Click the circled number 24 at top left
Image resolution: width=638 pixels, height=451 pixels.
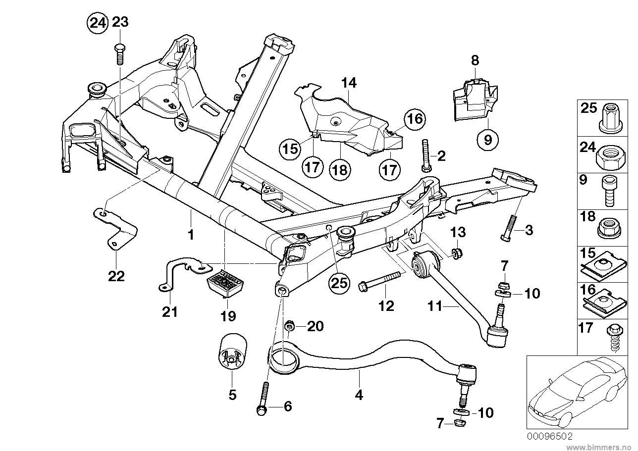pyautogui.click(x=97, y=23)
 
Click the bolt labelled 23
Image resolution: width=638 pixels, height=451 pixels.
pyautogui.click(x=119, y=54)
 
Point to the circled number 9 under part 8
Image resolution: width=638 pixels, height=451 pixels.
pyautogui.click(x=488, y=140)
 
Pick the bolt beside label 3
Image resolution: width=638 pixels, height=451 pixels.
pyautogui.click(x=509, y=229)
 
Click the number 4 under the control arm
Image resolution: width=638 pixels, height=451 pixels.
pyautogui.click(x=359, y=395)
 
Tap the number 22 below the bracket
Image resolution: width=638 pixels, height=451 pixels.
pyautogui.click(x=116, y=276)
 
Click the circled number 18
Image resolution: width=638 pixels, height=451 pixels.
pyautogui.click(x=340, y=169)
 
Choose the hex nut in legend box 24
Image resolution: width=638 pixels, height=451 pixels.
pyautogui.click(x=607, y=155)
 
